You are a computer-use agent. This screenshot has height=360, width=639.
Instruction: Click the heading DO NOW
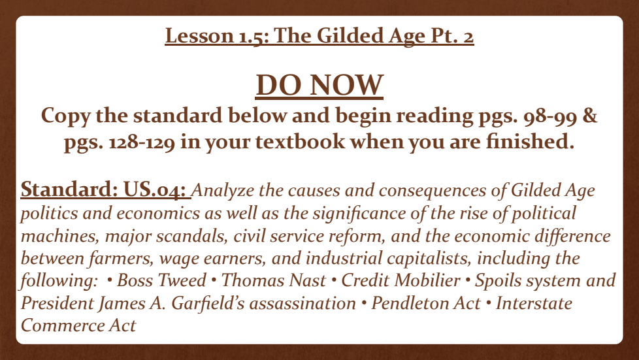(319, 85)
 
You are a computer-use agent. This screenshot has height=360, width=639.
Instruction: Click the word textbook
(300, 142)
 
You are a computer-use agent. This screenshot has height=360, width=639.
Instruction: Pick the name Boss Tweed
(161, 280)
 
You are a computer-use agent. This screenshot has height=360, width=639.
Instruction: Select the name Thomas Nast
(274, 280)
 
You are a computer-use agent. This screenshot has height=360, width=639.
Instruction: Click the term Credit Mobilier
(401, 280)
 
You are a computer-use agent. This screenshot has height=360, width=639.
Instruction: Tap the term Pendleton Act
(425, 303)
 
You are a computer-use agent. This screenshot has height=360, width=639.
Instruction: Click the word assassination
(303, 304)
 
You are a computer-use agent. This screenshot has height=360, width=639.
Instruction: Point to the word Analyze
(223, 191)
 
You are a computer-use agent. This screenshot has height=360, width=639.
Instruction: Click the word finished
(530, 142)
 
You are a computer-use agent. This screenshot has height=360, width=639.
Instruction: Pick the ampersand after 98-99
(590, 116)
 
